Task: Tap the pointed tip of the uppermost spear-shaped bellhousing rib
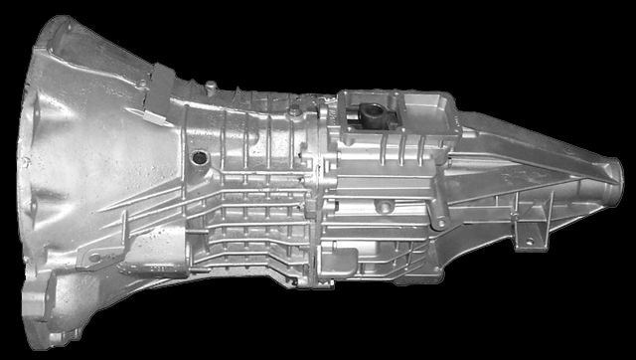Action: pos(100,212)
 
